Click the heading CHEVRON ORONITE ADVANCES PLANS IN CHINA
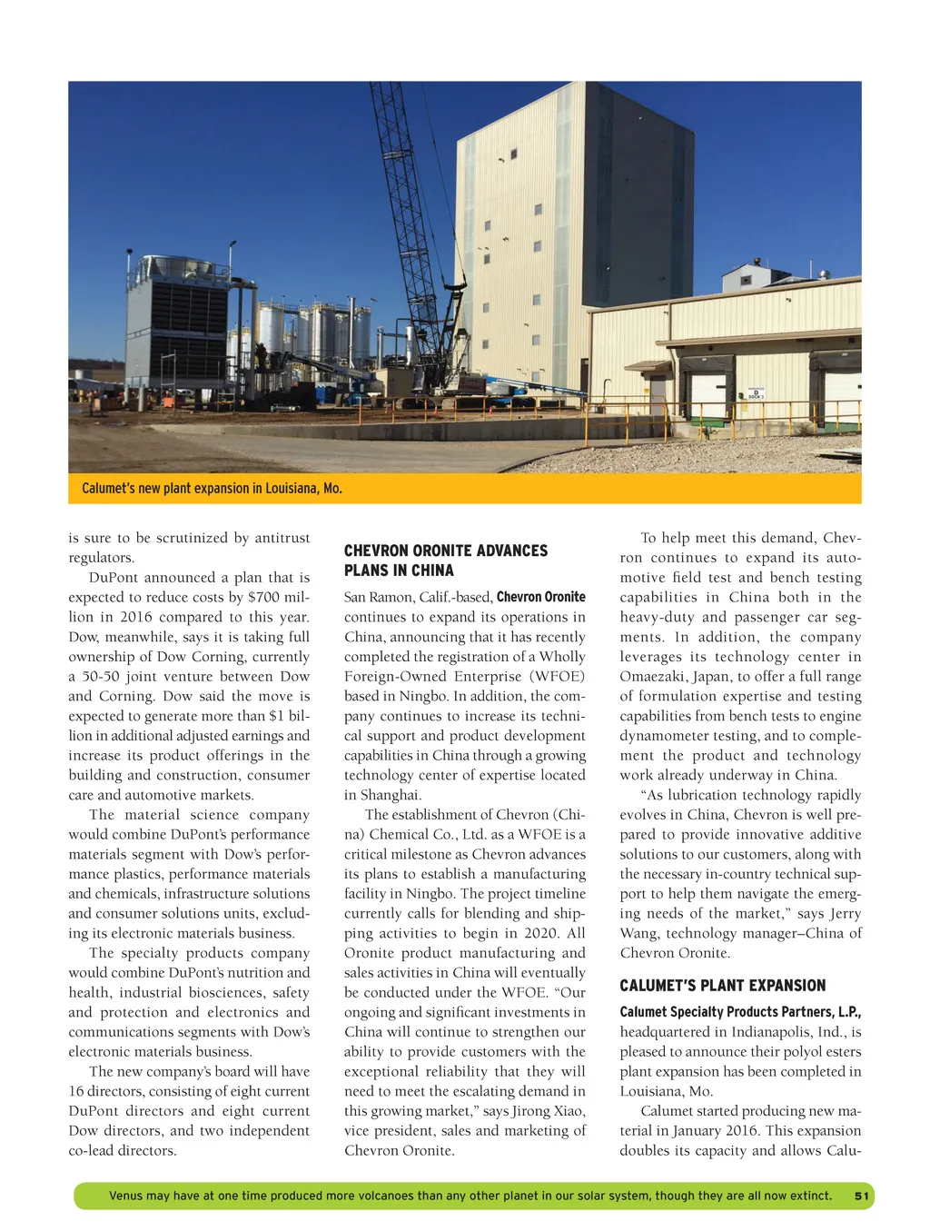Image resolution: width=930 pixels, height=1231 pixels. tap(445, 561)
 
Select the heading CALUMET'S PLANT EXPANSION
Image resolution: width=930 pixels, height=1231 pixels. tap(722, 986)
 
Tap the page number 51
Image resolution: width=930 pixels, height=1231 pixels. tap(861, 1196)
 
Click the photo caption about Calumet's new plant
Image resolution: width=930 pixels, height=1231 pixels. tap(212, 489)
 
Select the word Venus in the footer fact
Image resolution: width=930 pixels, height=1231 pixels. tap(125, 1196)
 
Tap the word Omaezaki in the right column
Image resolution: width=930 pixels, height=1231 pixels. tap(655, 677)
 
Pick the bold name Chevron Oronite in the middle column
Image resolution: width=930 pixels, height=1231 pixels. tap(540, 598)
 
